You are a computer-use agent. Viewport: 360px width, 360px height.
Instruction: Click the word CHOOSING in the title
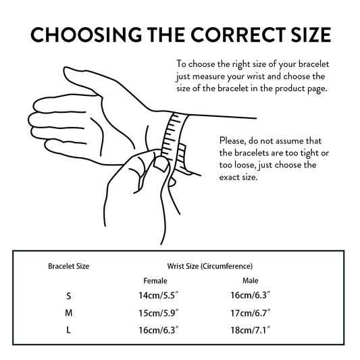[86, 34]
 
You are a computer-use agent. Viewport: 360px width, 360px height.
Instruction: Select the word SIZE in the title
[311, 34]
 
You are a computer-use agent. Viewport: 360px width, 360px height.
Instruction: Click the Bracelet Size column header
[68, 266]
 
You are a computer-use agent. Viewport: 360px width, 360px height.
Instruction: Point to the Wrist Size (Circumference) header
[210, 266]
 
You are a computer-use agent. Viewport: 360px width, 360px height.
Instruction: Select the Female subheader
[155, 280]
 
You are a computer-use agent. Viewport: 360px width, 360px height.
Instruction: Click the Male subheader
[251, 280]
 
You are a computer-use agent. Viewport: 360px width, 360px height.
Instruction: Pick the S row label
[68, 296]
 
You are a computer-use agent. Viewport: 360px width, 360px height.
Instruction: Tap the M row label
[68, 313]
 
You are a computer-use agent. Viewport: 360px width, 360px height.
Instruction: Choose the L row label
[68, 330]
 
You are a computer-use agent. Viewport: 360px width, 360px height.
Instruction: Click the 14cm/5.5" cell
[159, 295]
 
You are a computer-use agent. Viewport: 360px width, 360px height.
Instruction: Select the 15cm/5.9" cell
[159, 313]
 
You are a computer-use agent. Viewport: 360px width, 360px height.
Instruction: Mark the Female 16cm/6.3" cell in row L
[159, 330]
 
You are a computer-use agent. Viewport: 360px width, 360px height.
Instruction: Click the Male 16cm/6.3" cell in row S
[251, 295]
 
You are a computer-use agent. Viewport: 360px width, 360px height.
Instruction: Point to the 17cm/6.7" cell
[251, 313]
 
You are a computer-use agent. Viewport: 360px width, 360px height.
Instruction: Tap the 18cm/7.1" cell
[251, 330]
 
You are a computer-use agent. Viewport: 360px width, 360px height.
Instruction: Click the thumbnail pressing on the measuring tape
[161, 164]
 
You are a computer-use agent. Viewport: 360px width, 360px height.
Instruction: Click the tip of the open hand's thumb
[66, 70]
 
